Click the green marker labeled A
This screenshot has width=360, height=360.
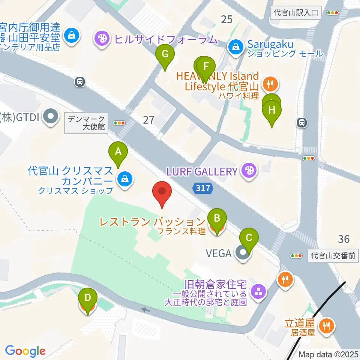[x=118, y=152]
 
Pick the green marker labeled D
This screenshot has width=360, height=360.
[x=87, y=298]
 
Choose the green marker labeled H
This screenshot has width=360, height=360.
[x=272, y=111]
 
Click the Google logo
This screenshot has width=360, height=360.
[x=25, y=351]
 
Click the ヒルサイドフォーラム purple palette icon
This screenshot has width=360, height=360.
[x=101, y=38]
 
